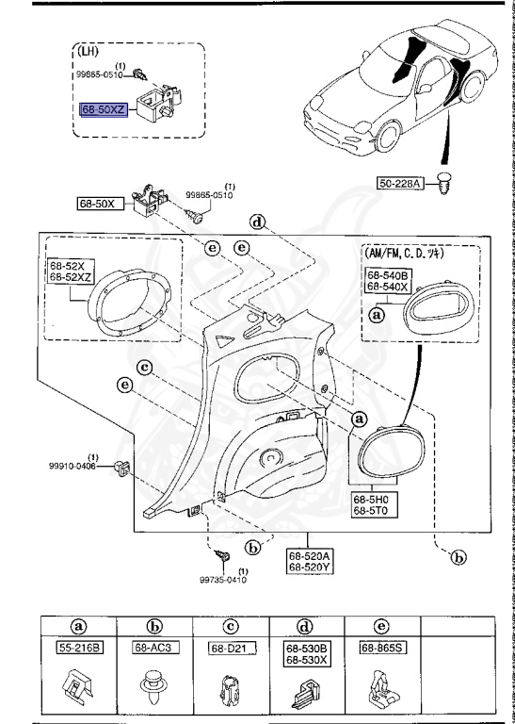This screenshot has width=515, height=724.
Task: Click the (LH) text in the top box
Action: pyautogui.click(x=90, y=52)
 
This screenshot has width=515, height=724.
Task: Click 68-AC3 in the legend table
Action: pyautogui.click(x=153, y=648)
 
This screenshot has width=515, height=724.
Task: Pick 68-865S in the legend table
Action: pyautogui.click(x=383, y=648)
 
